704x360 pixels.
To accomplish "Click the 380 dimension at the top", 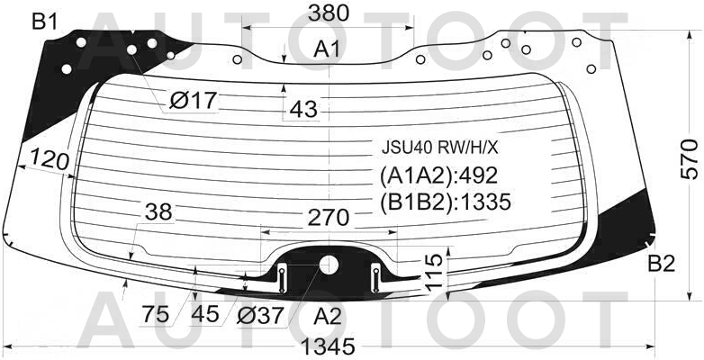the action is pos(329,13).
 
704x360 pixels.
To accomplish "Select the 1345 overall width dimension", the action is pos(328,346).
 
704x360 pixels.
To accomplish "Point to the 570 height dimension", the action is pos(690,159).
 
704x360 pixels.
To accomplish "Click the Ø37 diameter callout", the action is pos(260,315).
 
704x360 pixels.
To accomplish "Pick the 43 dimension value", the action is pos(303,109).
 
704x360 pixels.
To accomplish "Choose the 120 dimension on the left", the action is pos(50,160).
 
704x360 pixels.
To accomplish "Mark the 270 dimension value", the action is pos(329,218).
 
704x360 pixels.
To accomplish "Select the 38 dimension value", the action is pos(159,211).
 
